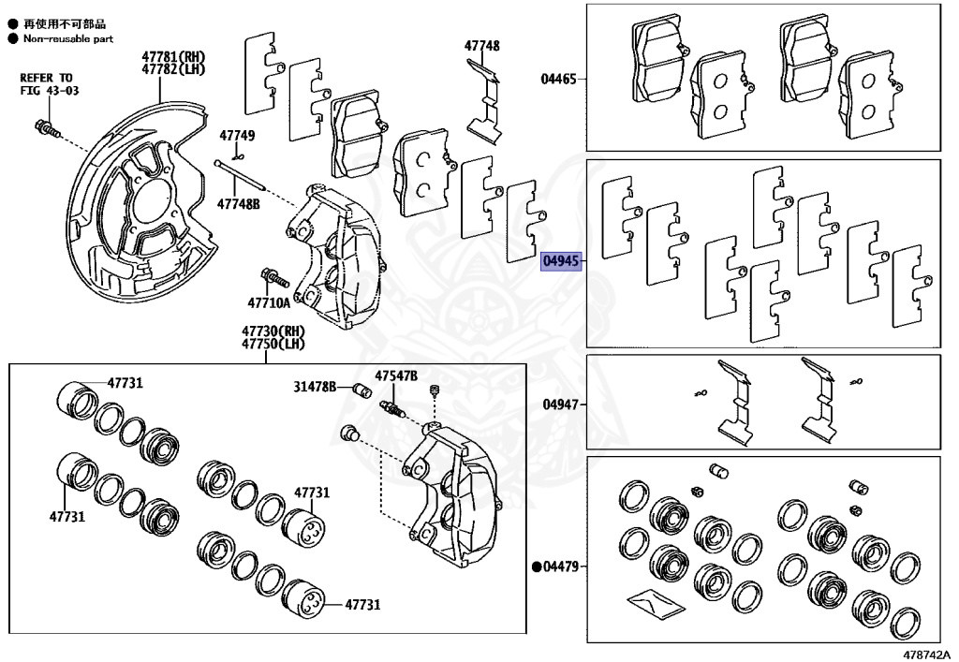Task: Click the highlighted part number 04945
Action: point(562,261)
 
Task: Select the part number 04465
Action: point(558,81)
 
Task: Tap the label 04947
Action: point(559,405)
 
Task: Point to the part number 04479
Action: point(563,566)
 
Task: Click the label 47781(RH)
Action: point(174,56)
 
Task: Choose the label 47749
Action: point(237,136)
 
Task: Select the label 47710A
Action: point(269,302)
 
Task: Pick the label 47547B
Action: point(396,375)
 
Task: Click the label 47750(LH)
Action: point(273,344)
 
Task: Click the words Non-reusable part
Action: point(68,38)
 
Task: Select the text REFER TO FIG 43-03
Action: point(46,83)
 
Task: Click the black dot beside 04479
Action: point(537,566)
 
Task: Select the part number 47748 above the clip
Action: point(482,45)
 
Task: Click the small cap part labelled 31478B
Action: point(361,390)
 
